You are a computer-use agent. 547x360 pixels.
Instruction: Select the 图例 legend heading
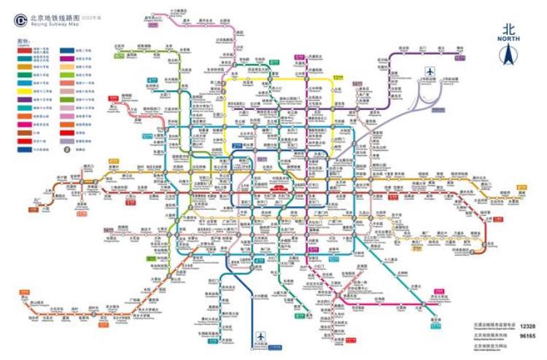(x=21, y=42)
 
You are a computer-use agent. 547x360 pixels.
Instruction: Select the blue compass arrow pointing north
(x=508, y=55)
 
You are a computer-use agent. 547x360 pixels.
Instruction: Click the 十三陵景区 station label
(x=178, y=11)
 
